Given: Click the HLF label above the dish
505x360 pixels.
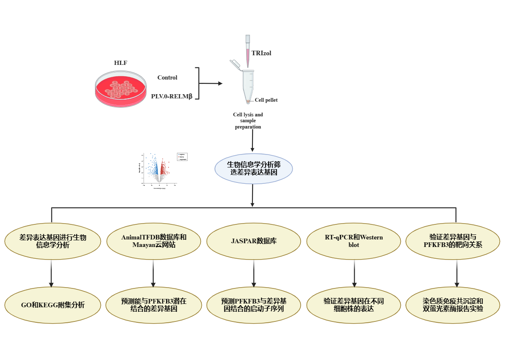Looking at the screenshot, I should pyautogui.click(x=121, y=63).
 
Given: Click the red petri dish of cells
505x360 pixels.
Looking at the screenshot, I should pyautogui.click(x=121, y=90).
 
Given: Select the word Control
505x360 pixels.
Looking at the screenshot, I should pyautogui.click(x=167, y=77).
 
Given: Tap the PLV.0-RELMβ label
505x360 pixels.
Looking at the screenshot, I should pyautogui.click(x=171, y=96).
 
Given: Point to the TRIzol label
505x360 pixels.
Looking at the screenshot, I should pyautogui.click(x=261, y=53).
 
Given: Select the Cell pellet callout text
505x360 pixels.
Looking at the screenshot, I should pyautogui.click(x=266, y=100).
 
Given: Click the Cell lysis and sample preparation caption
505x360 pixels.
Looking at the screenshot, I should pyautogui.click(x=248, y=121).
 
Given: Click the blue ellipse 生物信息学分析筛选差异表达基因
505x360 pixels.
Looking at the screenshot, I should pyautogui.click(x=253, y=168).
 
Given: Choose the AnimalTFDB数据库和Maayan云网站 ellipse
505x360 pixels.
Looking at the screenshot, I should pyautogui.click(x=154, y=241).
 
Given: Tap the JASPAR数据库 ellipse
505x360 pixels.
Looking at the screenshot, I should pyautogui.click(x=253, y=241).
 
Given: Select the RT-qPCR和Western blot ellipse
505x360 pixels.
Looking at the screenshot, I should pyautogui.click(x=353, y=241).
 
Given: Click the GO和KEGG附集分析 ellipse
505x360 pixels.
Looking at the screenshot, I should pyautogui.click(x=53, y=305).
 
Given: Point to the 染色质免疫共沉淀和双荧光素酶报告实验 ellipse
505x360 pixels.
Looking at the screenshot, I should pyautogui.click(x=453, y=305).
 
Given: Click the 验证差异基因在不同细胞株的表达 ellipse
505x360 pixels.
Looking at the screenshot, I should pyautogui.click(x=353, y=305).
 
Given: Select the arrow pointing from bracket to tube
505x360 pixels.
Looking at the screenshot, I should pyautogui.click(x=211, y=84).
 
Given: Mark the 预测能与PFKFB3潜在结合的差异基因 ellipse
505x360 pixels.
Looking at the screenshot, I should pyautogui.click(x=154, y=305).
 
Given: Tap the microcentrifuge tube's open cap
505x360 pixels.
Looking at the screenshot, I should pyautogui.click(x=235, y=64).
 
